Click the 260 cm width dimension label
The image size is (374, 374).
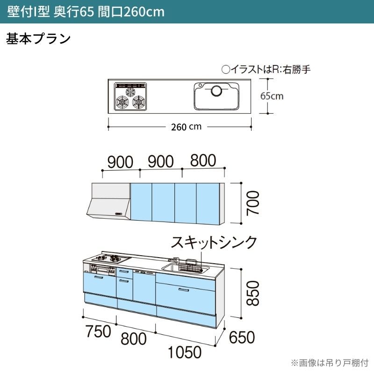pos(186,127)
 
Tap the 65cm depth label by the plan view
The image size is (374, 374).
pos(272,96)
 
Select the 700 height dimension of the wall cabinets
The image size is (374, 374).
pos(252,203)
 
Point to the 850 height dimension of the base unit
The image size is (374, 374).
pos(252,293)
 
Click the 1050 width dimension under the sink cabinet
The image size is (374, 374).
pos(185,352)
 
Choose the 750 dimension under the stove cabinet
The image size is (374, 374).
pos(99,331)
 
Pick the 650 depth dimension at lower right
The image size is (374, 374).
pos(242,337)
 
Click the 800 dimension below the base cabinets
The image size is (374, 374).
pos(134,338)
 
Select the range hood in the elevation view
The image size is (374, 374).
pos(109,201)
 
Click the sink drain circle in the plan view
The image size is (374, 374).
pos(216,91)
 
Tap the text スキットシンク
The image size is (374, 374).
pos(214,243)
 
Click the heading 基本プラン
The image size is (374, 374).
pos(38,38)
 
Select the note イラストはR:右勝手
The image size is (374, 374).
pos(266,69)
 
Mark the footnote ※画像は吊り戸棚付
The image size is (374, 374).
pos(330,363)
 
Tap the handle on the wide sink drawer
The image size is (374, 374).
pos(184,290)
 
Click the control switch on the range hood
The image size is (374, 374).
pos(119,214)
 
